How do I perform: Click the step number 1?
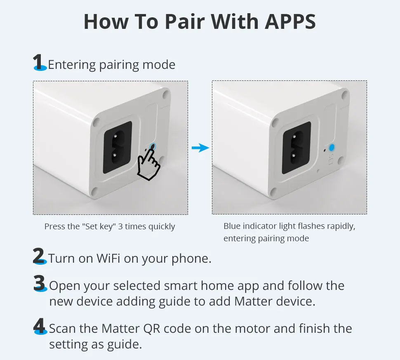click(x=39, y=63)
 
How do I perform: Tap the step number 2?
click(x=39, y=256)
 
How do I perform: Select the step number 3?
click(x=40, y=283)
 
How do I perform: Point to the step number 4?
click(x=40, y=326)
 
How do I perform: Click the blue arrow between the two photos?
click(x=200, y=148)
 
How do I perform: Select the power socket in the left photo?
click(x=118, y=147)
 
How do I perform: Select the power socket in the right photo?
click(x=296, y=148)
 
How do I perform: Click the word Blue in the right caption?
click(x=232, y=226)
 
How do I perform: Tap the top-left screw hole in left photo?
click(x=96, y=122)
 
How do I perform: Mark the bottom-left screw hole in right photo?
click(x=273, y=191)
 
